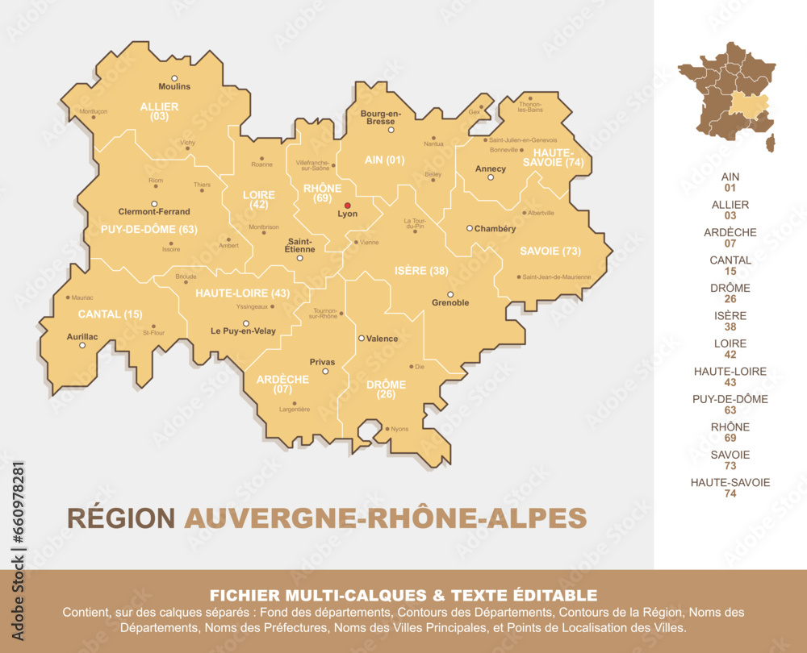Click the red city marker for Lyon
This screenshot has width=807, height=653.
(348, 206)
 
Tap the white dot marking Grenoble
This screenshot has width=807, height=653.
(450, 294)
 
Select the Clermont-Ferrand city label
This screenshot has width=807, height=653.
(154, 212)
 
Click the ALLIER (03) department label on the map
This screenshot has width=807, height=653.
(159, 111)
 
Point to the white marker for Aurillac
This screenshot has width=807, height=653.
(82, 345)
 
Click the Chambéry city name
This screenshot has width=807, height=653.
(495, 229)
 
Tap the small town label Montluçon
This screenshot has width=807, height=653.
(94, 111)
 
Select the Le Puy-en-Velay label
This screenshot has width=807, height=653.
(243, 331)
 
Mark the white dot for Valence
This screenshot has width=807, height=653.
(362, 338)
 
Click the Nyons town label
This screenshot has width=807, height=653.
(399, 429)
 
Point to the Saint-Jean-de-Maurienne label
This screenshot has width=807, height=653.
(557, 277)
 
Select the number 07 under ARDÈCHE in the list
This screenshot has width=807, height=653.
(730, 243)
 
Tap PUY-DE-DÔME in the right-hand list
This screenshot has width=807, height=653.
(730, 399)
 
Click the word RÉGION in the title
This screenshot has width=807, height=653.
(121, 518)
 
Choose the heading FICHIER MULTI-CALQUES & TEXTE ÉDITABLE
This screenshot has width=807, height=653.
(403, 596)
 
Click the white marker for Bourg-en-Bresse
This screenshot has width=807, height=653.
(391, 130)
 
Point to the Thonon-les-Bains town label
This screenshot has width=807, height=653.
(530, 106)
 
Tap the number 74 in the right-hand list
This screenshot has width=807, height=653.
(730, 493)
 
